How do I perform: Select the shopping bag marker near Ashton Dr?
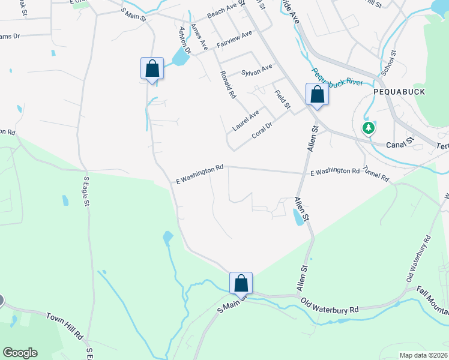click(x=152, y=68)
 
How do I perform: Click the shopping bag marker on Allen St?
click(x=317, y=95)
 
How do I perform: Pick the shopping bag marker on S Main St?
click(x=241, y=284)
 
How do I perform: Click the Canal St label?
click(x=400, y=143)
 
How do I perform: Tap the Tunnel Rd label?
click(x=376, y=175)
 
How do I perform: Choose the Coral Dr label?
click(x=262, y=130)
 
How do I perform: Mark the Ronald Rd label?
click(x=227, y=84)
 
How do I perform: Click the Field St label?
click(x=282, y=99)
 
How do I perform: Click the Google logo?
click(x=20, y=353)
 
